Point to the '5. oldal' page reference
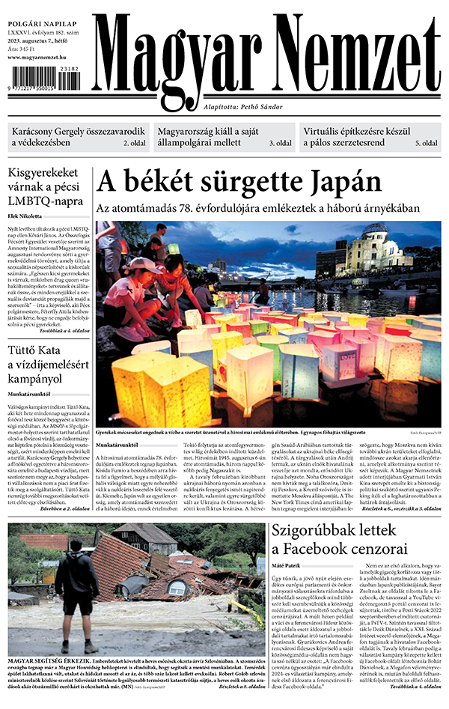pos(426,142)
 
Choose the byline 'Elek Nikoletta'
pos(26,216)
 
